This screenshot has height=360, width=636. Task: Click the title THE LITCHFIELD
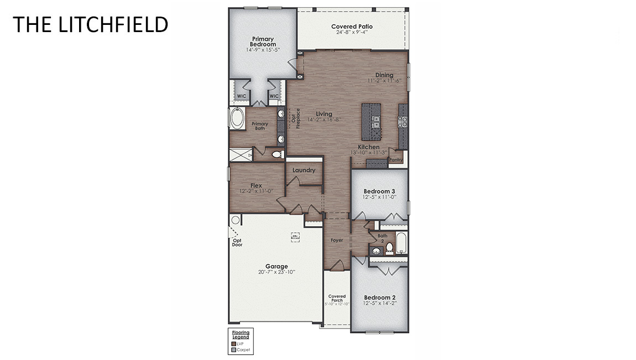click(90, 24)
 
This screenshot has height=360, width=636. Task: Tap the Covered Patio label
click(352, 27)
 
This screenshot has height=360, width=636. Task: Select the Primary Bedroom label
click(262, 41)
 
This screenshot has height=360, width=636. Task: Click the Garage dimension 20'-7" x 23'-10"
click(276, 272)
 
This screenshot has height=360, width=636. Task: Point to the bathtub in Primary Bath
click(238, 119)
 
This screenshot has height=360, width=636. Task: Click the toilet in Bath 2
click(389, 247)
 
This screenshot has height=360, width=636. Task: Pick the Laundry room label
click(304, 170)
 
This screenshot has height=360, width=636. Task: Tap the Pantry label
click(395, 160)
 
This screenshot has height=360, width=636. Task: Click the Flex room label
click(256, 186)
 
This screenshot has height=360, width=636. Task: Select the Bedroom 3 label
click(379, 191)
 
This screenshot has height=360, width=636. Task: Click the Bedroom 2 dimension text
click(379, 304)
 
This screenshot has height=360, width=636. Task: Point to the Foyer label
click(337, 241)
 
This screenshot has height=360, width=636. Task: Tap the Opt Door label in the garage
click(237, 242)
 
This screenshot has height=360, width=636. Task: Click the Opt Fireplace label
click(293, 118)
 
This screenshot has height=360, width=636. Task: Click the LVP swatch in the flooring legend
click(233, 343)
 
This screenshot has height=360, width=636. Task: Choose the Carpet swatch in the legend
click(233, 349)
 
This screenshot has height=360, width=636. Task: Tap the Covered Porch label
click(337, 299)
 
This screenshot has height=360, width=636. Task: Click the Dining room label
click(384, 75)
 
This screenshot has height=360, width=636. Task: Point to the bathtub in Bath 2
click(402, 243)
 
